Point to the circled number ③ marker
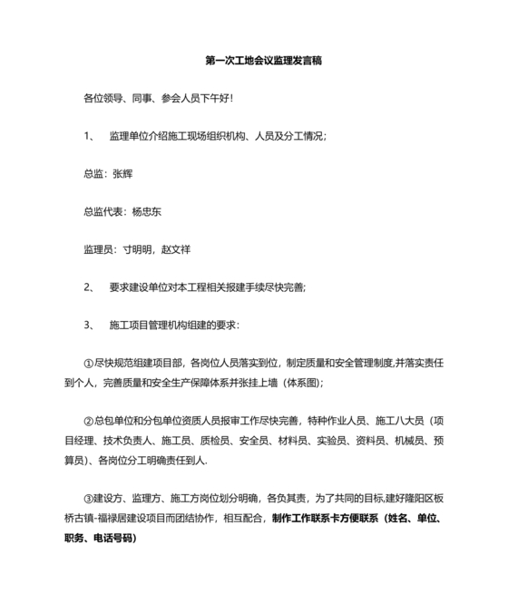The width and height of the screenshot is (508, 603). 88,498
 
